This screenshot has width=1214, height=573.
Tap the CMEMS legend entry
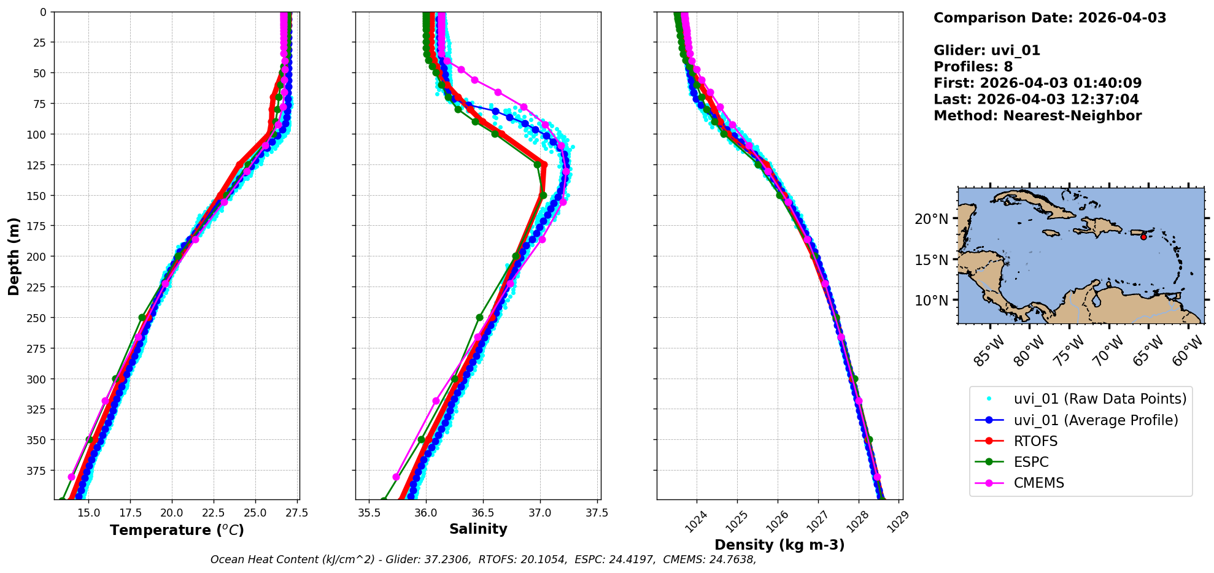(1038, 483)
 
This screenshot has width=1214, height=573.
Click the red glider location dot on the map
(1143, 237)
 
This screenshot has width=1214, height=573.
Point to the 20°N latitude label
(931, 219)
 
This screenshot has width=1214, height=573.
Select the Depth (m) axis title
(14, 256)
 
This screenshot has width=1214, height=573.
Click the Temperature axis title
(177, 530)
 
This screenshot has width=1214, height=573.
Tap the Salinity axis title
(478, 529)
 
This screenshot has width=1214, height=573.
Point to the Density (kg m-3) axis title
(779, 545)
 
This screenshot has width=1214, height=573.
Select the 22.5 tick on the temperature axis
(214, 512)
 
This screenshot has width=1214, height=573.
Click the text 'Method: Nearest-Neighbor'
(1037, 115)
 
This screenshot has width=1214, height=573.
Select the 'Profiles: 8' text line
(973, 67)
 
